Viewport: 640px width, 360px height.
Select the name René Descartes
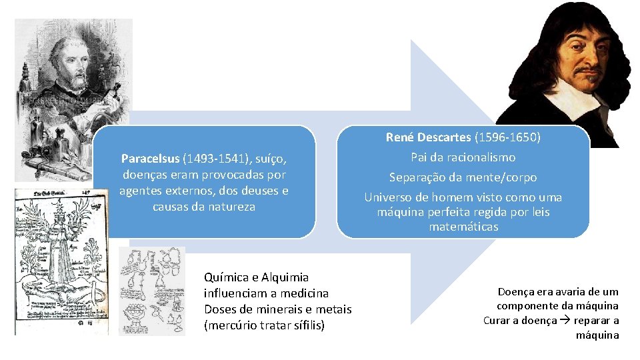pos(428,138)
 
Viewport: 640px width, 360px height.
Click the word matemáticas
pos(463,227)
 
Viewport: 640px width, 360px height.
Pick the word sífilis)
pos(304,325)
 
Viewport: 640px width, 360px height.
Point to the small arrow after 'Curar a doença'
pos(563,321)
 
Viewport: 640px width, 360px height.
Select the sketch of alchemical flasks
pos(152,291)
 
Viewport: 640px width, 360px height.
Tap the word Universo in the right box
pos(389,197)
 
